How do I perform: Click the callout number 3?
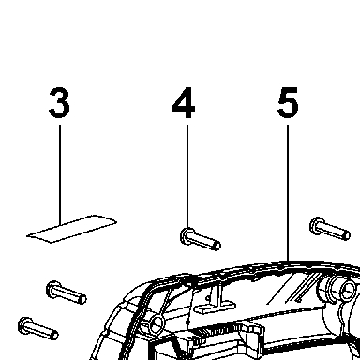tap(59, 103)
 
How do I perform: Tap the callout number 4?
tap(184, 103)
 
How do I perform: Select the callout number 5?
tap(288, 103)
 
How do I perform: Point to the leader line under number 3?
tap(60, 174)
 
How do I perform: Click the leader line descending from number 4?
tap(187, 177)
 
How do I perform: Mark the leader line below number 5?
tap(288, 193)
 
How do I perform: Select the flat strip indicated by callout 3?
tap(71, 229)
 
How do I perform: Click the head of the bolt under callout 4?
tap(187, 235)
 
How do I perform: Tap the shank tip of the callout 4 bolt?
tap(217, 245)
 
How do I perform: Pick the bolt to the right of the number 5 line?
tap(330, 229)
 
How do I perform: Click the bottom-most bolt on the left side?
tap(38, 328)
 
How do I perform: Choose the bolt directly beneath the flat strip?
tap(67, 292)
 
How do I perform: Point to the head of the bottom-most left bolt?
tap(24, 325)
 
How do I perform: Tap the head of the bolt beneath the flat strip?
tap(52, 289)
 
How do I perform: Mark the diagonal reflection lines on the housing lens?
tap(293, 289)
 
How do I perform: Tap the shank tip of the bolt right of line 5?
tap(346, 234)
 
